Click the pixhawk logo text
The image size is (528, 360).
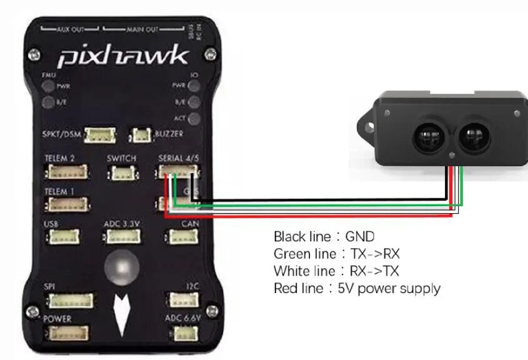point(122,57)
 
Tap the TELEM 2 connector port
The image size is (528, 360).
point(66,173)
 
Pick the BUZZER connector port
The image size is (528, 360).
point(141,134)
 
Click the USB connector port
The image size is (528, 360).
point(62,237)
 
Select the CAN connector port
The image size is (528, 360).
point(181,236)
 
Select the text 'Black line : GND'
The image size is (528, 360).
point(324,237)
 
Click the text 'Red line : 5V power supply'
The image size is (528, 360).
point(357,289)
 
